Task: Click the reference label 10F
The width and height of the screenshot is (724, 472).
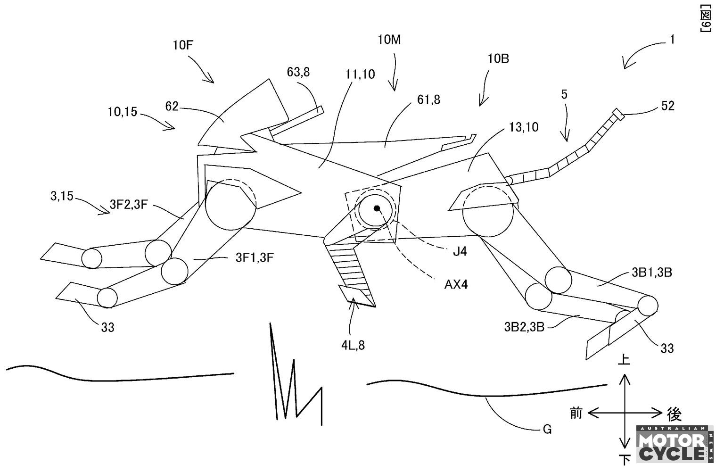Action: tap(182, 45)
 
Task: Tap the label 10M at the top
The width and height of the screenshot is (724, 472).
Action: tap(389, 40)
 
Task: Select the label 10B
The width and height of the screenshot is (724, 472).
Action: tap(498, 58)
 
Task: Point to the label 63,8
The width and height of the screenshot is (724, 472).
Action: tap(298, 72)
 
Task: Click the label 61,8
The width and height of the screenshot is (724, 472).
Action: tap(428, 99)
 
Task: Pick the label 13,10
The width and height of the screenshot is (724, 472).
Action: tap(524, 127)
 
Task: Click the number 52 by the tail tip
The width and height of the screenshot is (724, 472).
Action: tap(668, 106)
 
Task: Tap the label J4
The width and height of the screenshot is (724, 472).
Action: tap(460, 251)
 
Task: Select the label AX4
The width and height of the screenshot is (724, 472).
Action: tap(456, 284)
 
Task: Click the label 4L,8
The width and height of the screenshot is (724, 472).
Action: tap(353, 346)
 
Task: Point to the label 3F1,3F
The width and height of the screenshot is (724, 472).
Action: tap(255, 257)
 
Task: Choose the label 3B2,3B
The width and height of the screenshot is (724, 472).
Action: tap(524, 327)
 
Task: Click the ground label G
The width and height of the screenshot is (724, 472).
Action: tap(547, 429)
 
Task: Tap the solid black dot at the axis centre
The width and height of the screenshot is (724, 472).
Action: tap(377, 208)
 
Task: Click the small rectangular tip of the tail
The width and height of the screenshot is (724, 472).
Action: tap(617, 114)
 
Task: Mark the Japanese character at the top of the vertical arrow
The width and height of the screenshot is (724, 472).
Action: tap(624, 359)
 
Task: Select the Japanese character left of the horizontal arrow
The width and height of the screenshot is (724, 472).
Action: tap(576, 413)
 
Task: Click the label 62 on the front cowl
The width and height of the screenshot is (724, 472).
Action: tap(172, 107)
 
